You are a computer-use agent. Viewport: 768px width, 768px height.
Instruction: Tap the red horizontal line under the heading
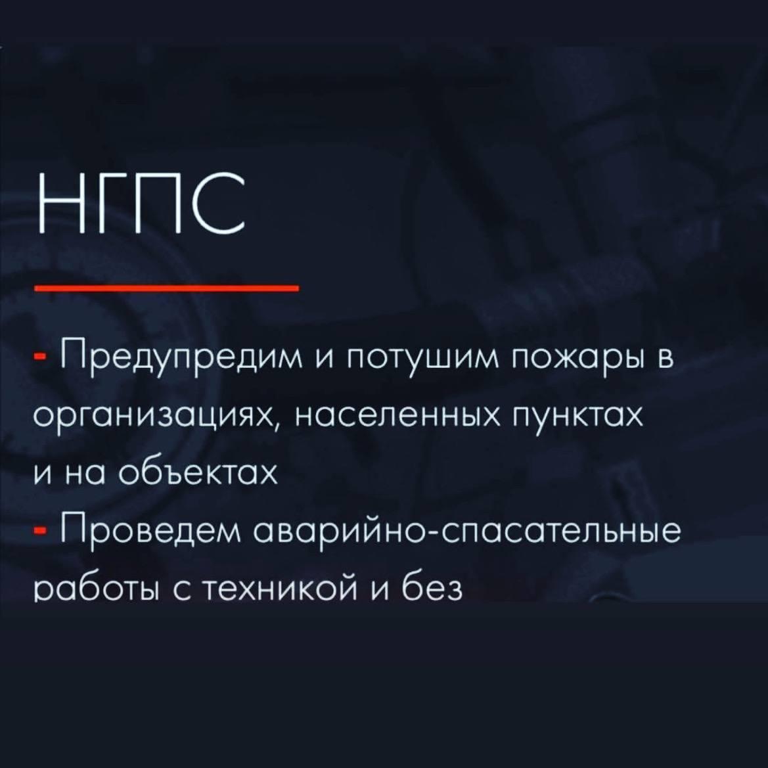click(166, 288)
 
